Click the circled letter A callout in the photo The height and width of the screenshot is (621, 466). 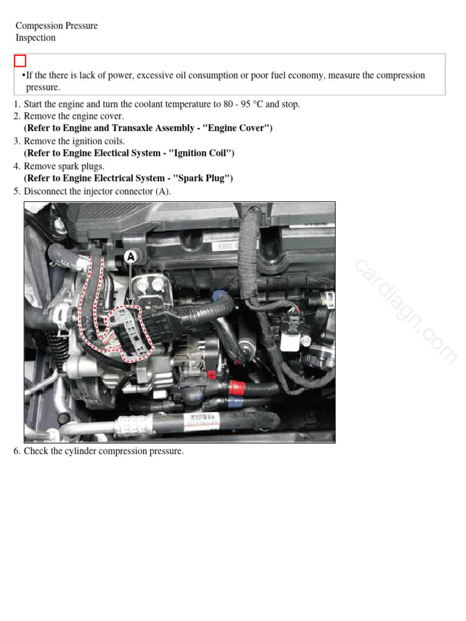tap(130, 257)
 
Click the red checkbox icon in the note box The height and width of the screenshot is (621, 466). tap(20, 61)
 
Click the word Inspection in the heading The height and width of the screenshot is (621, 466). tap(35, 38)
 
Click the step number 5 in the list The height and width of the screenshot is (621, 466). tap(17, 191)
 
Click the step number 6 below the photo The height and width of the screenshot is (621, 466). tap(17, 451)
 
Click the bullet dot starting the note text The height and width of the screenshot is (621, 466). tap(23, 75)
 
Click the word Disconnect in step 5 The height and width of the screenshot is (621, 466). tap(44, 191)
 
